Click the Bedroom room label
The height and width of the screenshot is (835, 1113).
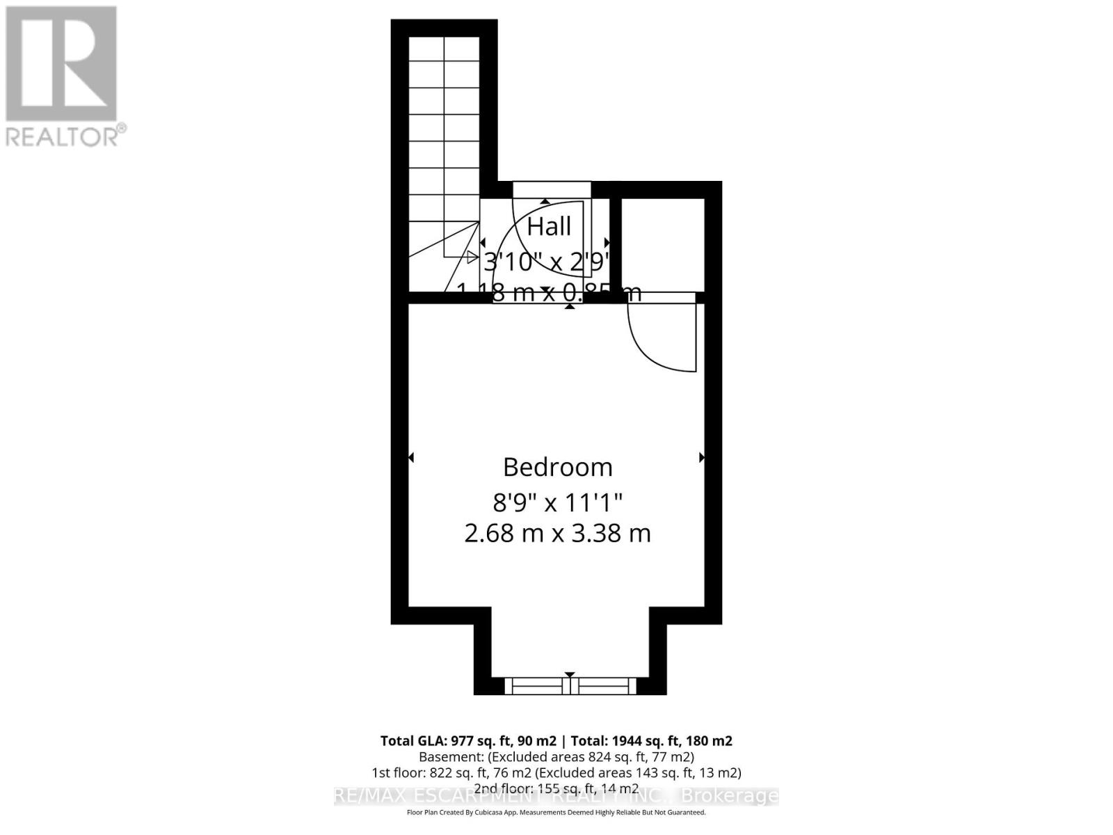point(557,467)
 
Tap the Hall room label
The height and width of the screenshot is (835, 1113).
point(549,226)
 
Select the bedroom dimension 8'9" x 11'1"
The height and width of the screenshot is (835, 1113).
point(557,501)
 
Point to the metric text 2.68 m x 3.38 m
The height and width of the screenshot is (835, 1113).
point(557,534)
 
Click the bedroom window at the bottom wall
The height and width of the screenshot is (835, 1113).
point(570,686)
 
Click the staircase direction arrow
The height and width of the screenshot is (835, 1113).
point(472,257)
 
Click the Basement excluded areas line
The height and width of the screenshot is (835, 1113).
point(556,756)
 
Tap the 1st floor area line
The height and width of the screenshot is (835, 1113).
point(556,772)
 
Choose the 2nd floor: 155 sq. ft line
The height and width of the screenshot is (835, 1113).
point(556,788)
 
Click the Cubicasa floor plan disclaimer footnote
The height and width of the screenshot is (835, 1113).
point(556,812)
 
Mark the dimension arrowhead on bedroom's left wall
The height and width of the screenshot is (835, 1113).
point(411,457)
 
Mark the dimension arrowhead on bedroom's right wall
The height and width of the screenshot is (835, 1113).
point(702,457)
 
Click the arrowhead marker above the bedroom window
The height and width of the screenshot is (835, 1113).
point(570,675)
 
